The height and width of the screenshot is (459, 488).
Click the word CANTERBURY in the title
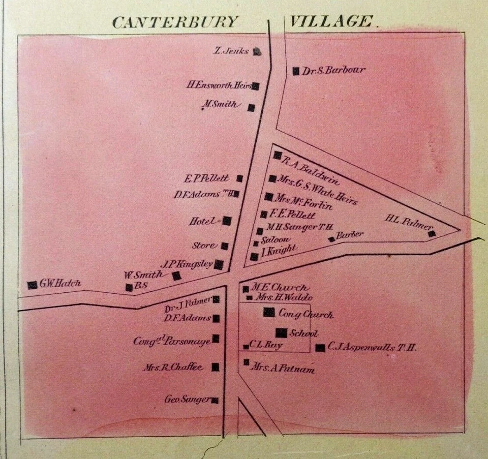click(175, 22)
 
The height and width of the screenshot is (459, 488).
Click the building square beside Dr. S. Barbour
click(296, 71)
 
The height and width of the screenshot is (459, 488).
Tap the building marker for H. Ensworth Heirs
click(256, 86)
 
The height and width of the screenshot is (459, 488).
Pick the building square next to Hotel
click(227, 221)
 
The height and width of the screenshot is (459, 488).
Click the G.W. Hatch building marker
click(32, 285)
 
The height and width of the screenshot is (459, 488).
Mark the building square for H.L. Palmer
click(432, 234)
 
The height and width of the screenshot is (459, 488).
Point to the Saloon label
click(276, 239)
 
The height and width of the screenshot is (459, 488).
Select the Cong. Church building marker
click(268, 313)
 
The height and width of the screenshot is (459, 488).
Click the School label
click(303, 334)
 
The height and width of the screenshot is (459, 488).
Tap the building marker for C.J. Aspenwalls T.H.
click(320, 348)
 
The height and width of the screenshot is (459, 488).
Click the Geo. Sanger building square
click(215, 401)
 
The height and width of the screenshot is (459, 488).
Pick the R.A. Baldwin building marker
click(277, 155)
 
